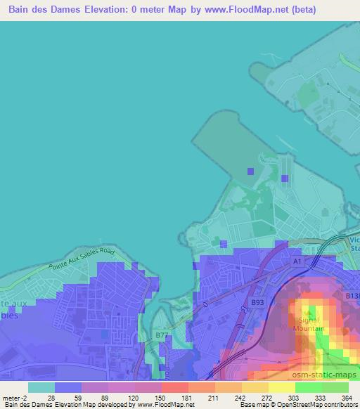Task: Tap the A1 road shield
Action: click(x=297, y=261)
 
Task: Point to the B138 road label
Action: click(x=352, y=297)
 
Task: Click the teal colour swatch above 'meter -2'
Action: click(x=41, y=387)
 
